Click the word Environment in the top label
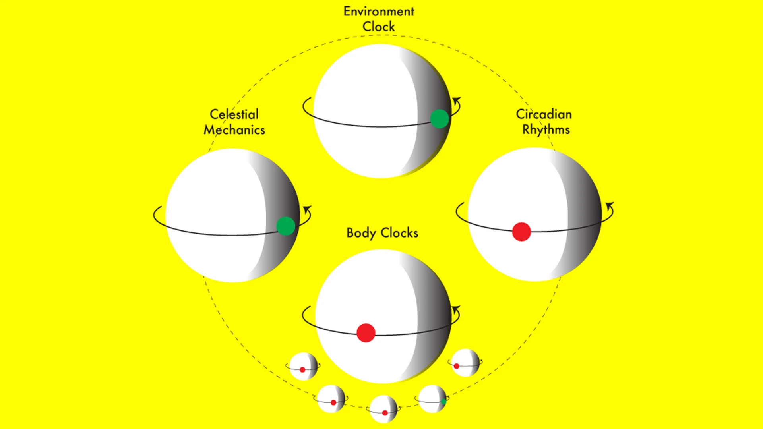pos(379,12)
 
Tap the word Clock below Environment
pos(379,27)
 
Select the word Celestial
pos(234,114)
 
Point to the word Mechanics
pos(234,130)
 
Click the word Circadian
pos(544,114)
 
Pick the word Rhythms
pos(546,130)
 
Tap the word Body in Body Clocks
pos(361,233)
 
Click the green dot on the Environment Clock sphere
pos(440,119)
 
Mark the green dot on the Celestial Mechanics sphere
pos(286,226)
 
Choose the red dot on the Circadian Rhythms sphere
pos(521,232)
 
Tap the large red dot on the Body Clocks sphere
pos(366,333)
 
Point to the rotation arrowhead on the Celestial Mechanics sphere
pos(308,209)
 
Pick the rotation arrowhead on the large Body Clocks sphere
pos(456,308)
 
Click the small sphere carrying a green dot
pos(432,398)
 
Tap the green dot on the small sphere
pos(443,401)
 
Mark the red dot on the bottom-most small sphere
pos(385,413)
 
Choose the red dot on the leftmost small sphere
pos(302,370)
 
